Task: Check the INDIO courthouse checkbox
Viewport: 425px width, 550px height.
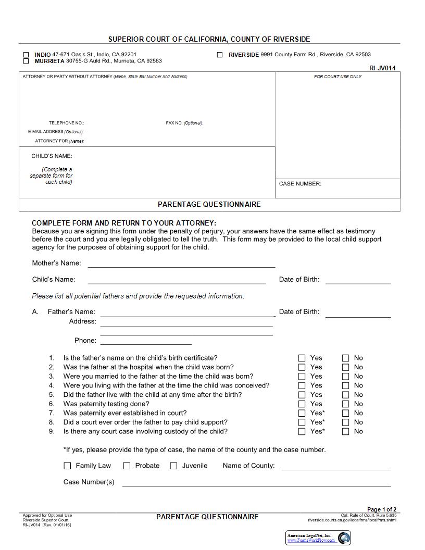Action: coord(26,55)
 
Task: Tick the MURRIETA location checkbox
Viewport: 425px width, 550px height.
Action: coord(26,61)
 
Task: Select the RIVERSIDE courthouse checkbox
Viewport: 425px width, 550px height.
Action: coord(220,55)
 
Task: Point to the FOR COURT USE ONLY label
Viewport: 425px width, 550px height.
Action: coord(337,77)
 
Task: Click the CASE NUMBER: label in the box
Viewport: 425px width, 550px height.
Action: coord(300,184)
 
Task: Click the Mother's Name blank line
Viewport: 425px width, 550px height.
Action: coord(181,264)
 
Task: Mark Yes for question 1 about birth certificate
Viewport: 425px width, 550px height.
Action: coord(302,358)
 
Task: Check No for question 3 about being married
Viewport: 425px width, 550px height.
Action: coord(346,377)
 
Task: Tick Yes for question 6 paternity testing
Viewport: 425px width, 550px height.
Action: coord(302,404)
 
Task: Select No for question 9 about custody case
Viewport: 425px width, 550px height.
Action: coord(346,432)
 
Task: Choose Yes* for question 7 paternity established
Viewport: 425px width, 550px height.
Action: coord(302,414)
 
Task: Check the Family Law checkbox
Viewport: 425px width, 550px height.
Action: coord(67,466)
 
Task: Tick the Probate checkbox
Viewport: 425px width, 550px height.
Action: coord(127,466)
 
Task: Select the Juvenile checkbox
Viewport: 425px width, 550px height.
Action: coord(174,466)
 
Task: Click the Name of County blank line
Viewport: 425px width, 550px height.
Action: coord(336,467)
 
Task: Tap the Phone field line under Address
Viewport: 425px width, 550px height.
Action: coord(146,341)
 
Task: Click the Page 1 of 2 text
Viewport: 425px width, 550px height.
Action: coord(382,509)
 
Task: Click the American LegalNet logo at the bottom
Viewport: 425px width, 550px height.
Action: coord(318,537)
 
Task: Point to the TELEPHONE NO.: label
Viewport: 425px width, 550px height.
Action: coord(66,123)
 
